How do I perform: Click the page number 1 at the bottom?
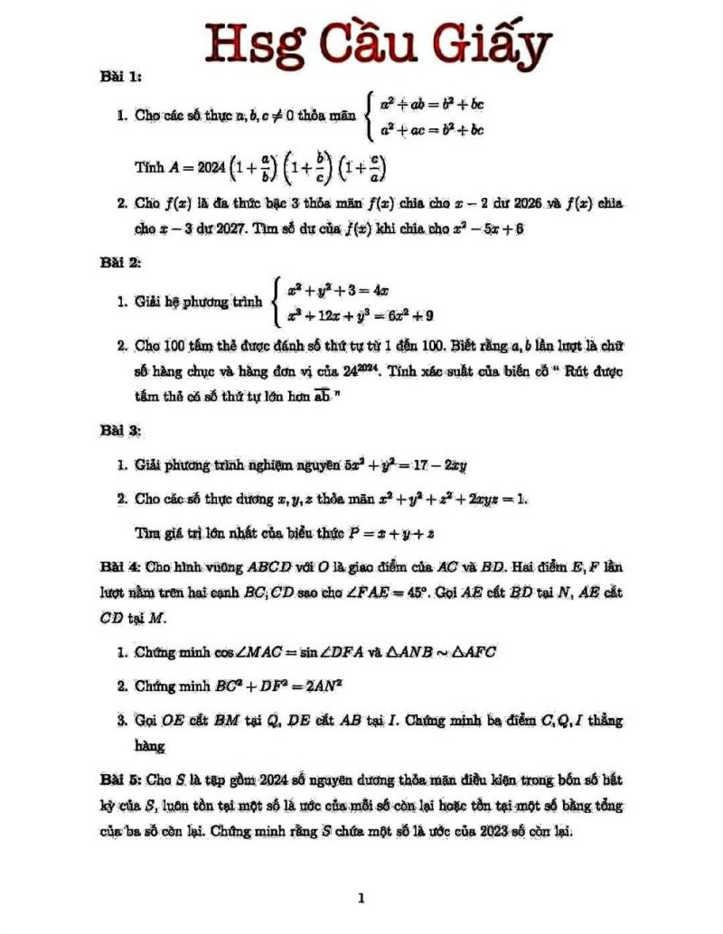(361, 899)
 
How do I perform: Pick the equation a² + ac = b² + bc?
(432, 129)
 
